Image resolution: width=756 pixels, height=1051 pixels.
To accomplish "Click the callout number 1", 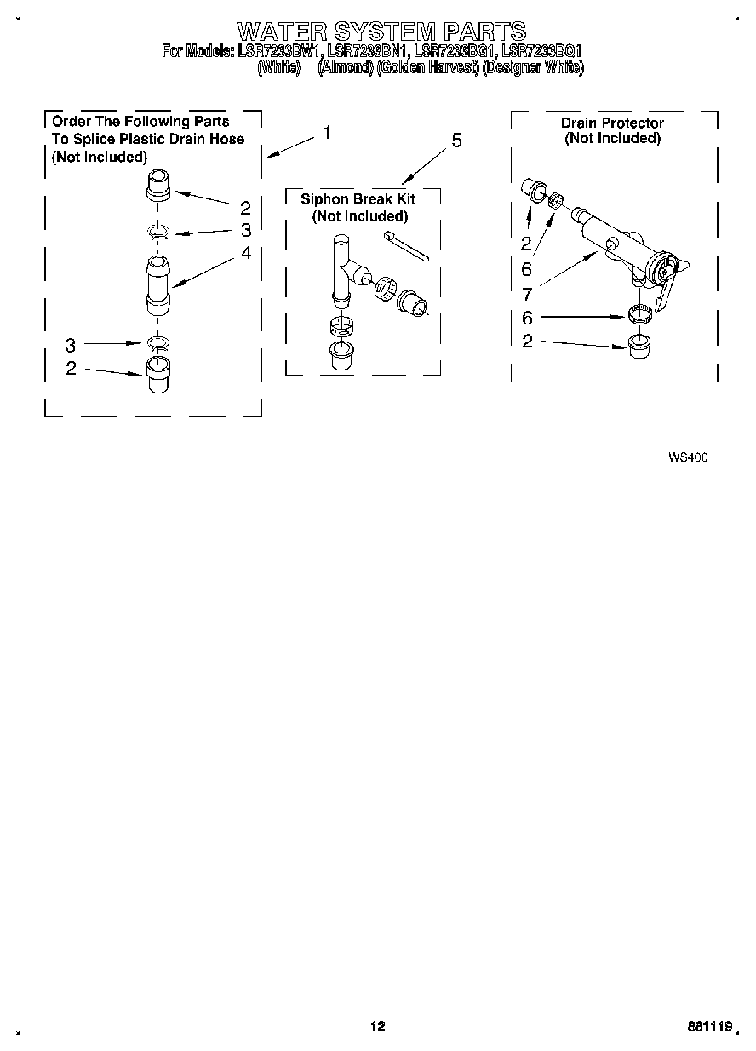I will (x=327, y=133).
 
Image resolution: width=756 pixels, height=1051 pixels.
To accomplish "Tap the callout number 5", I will (x=456, y=141).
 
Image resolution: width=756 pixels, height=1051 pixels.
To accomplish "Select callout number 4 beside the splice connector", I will (x=246, y=252).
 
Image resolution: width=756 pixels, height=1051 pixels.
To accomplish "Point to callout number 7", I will (x=528, y=295).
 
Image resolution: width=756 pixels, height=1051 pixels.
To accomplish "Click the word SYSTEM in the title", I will (x=381, y=32).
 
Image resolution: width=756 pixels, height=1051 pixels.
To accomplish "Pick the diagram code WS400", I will (x=688, y=457).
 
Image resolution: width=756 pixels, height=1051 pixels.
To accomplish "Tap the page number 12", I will (x=378, y=1026).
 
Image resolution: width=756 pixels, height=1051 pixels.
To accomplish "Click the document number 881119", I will (x=712, y=1028).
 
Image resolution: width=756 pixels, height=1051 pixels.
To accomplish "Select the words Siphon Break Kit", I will (x=358, y=198).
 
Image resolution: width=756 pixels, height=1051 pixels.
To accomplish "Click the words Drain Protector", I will (x=612, y=123).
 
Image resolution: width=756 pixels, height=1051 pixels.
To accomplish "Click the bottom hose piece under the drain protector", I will (x=638, y=347).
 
